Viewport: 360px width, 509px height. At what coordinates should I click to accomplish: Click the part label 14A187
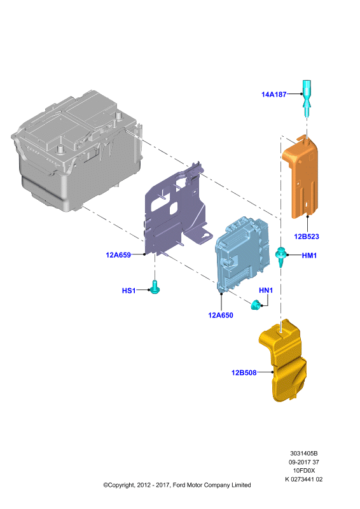[x=274, y=94]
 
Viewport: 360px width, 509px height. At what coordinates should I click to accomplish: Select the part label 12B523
[x=307, y=237]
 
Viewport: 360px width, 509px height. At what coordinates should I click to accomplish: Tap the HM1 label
[x=309, y=256]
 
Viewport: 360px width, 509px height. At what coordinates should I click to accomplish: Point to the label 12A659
[x=118, y=255]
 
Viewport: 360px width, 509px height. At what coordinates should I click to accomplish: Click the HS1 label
[x=129, y=291]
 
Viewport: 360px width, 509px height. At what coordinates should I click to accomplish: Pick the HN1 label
[x=266, y=290]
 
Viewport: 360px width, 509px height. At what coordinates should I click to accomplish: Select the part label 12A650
[x=221, y=315]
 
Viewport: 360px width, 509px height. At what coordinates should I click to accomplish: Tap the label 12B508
[x=244, y=373]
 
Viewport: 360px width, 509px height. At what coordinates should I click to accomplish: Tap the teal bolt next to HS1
[x=155, y=288]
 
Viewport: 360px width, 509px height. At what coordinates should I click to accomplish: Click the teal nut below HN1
[x=255, y=305]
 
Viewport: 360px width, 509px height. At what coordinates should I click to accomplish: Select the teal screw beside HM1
[x=280, y=256]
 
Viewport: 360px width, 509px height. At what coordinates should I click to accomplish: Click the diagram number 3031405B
[x=304, y=454]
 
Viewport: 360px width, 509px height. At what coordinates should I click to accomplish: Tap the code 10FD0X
[x=304, y=470]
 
